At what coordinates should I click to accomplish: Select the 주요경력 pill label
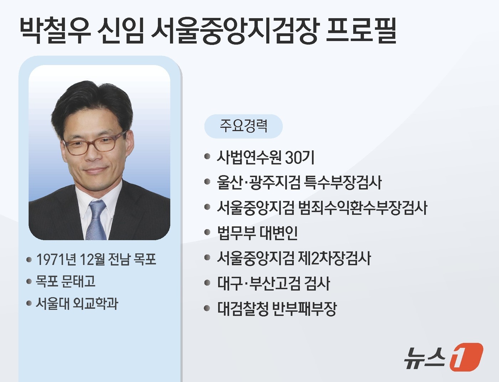pos(243,126)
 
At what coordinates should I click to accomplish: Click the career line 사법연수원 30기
pos(266,157)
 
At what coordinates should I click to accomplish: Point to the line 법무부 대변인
pos(257,233)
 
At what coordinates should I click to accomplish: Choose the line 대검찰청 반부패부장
pos(277,309)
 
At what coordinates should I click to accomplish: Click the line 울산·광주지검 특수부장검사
pos(299,183)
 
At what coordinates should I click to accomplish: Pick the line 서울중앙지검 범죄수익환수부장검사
pos(322,208)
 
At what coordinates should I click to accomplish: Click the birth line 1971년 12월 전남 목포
pos(96,260)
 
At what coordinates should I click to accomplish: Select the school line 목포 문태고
pos(66,282)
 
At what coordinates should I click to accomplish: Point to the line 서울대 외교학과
pos(77,303)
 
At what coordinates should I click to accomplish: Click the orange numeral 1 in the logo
pos(466,357)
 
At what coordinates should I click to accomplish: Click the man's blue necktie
pos(96,220)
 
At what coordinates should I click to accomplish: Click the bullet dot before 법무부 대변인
pos(207,233)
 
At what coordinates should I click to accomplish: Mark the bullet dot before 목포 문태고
pos(29,282)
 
